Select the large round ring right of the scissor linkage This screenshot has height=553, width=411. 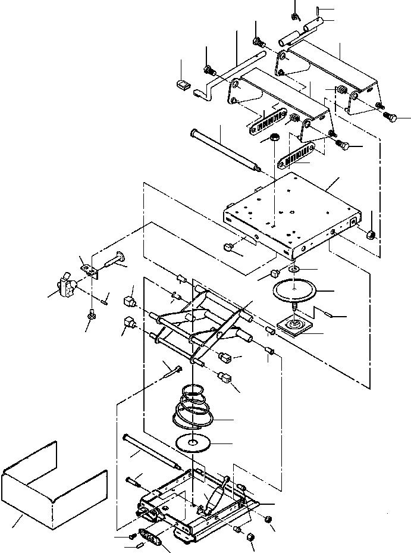(x=296, y=292)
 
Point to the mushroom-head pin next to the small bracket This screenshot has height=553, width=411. (x=117, y=260)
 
